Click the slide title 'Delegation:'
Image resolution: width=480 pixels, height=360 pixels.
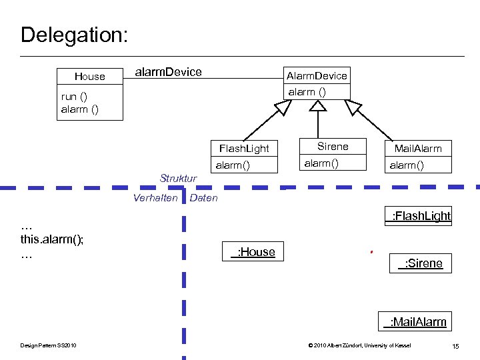[74, 35]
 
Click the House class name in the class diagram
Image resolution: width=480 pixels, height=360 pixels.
[90, 77]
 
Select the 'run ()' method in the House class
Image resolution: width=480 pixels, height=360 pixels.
[73, 97]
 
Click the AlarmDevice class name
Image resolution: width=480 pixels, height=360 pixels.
[316, 75]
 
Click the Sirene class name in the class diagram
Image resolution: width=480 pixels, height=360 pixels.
[333, 147]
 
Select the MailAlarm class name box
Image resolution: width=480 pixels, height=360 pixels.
[418, 148]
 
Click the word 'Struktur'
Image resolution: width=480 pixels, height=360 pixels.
[178, 178]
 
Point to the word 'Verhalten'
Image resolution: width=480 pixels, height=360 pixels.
[155, 198]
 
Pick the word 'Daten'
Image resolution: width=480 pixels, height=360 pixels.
[204, 198]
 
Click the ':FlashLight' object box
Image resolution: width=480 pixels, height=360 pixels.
[418, 215]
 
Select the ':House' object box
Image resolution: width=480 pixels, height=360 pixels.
[253, 251]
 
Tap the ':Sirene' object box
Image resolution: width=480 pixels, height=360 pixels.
[420, 263]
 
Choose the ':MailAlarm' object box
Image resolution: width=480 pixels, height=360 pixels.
[415, 322]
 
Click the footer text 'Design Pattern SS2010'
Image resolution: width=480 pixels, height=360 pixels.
[48, 345]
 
